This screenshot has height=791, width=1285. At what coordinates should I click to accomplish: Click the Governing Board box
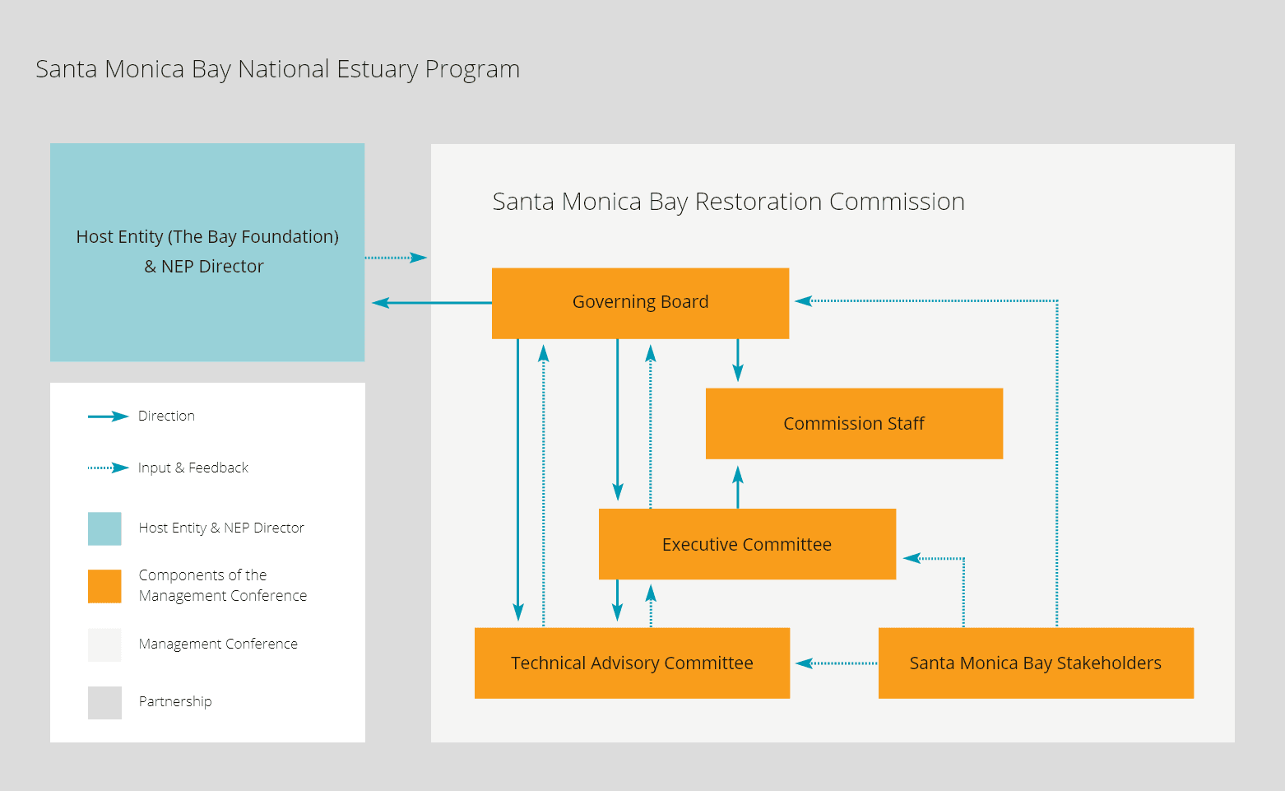(x=640, y=303)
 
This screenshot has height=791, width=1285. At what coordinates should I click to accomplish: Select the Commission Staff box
(x=854, y=424)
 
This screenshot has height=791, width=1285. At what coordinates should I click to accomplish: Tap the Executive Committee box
(x=747, y=545)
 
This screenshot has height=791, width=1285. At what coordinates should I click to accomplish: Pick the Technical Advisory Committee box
(x=632, y=663)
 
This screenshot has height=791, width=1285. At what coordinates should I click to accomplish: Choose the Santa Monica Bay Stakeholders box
(x=1036, y=663)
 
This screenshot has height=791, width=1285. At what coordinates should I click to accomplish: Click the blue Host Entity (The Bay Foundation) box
(x=207, y=252)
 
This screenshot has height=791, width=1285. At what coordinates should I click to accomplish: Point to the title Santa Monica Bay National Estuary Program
(x=277, y=69)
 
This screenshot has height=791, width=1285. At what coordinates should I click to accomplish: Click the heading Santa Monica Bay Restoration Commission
(x=728, y=202)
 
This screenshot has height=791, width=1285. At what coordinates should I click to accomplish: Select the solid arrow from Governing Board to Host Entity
(x=431, y=303)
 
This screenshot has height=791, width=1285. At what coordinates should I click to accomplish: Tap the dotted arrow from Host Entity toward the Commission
(x=396, y=258)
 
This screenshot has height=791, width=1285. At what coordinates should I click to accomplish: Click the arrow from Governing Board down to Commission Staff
(x=738, y=361)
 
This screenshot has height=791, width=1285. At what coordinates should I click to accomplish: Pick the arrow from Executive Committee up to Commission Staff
(x=738, y=486)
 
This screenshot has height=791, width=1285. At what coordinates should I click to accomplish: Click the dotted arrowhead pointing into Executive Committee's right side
(x=912, y=558)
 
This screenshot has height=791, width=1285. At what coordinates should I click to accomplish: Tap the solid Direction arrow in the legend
(x=108, y=416)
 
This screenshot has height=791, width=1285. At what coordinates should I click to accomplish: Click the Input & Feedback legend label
(x=193, y=468)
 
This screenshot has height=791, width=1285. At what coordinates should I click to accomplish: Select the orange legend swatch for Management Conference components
(x=104, y=586)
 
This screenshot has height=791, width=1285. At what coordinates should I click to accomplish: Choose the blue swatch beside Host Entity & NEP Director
(x=104, y=528)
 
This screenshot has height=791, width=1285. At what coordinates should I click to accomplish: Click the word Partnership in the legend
(x=175, y=701)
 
